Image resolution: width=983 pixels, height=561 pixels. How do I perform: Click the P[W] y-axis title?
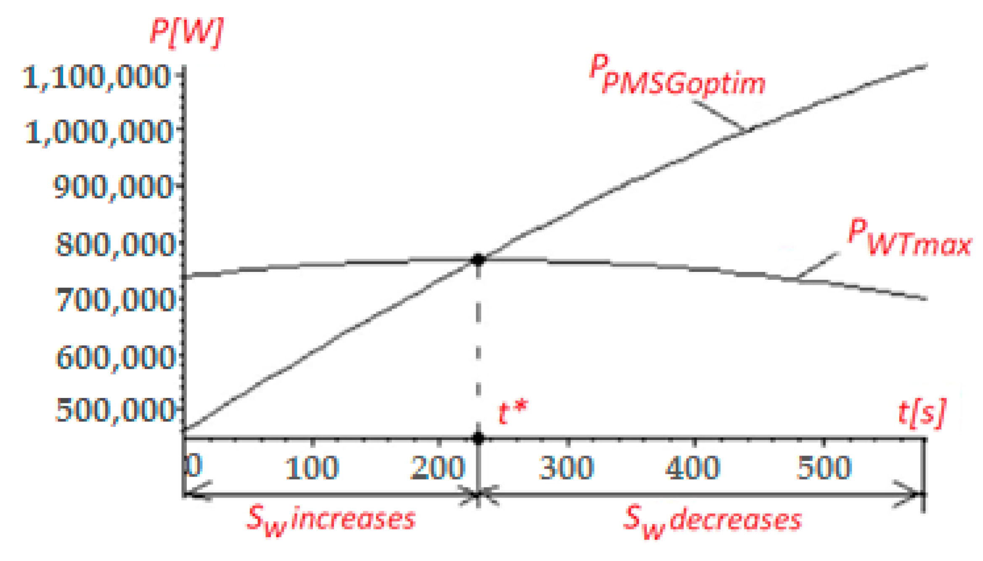click(187, 33)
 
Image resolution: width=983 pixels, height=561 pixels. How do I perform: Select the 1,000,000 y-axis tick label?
click(98, 132)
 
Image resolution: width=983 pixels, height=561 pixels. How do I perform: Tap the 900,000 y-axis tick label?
click(113, 187)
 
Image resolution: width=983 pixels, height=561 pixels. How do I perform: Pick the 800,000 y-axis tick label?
click(114, 245)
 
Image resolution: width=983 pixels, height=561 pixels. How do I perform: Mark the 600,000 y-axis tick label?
click(114, 358)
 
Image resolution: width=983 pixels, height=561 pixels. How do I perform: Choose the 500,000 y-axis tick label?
click(114, 410)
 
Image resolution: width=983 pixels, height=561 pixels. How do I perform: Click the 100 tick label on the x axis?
click(312, 468)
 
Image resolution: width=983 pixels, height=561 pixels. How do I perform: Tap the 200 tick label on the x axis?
click(438, 468)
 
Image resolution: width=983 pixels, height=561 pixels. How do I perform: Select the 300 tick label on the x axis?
click(566, 468)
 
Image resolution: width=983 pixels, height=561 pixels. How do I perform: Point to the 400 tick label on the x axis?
click(693, 468)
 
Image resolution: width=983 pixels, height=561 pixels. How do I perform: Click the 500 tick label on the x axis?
click(824, 468)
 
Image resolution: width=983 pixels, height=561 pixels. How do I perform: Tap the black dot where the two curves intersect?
click(478, 260)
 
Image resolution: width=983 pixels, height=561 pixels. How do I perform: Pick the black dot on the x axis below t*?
click(478, 438)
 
